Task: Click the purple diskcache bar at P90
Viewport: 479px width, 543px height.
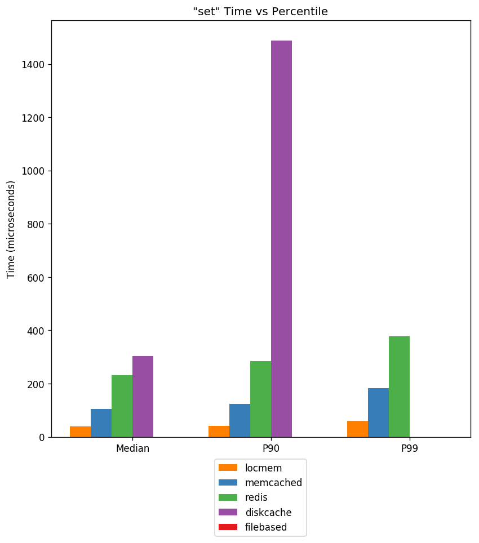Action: coord(281,239)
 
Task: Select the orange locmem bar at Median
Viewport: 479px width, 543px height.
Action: coord(80,431)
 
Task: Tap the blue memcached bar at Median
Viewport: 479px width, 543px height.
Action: coord(101,422)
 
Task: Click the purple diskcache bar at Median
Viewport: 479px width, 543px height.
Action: coord(143,396)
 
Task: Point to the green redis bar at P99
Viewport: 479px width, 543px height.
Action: coord(399,386)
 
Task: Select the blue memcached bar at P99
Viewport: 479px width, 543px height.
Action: coord(378,412)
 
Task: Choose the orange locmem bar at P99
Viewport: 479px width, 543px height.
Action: coord(357,429)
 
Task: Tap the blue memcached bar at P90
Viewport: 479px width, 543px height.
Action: coord(239,420)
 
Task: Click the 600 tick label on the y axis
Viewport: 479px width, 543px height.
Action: coord(38,278)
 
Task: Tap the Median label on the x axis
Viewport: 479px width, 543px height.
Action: coord(132,449)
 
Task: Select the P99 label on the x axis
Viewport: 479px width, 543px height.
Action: coord(409,449)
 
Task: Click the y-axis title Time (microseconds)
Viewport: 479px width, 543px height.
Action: coord(11,229)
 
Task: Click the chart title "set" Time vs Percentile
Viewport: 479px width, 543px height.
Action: coord(260,12)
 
